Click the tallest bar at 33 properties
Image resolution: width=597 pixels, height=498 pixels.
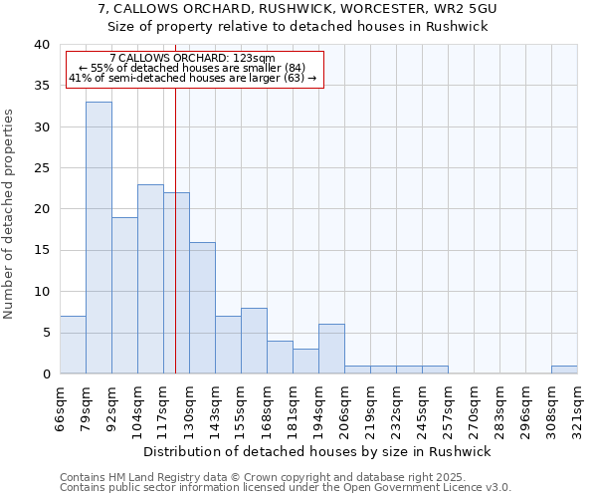click(x=99, y=237)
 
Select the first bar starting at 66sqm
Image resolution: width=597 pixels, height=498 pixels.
click(x=73, y=345)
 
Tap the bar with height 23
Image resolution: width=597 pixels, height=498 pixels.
click(x=150, y=279)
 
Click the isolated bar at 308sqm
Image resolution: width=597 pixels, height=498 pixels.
click(x=564, y=370)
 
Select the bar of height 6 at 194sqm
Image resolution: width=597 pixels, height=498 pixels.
click(x=331, y=349)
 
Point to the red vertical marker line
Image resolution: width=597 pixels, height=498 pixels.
click(x=175, y=249)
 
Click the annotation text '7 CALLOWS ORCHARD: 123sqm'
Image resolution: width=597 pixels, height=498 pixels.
click(x=192, y=59)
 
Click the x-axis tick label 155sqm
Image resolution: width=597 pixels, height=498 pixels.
click(x=241, y=406)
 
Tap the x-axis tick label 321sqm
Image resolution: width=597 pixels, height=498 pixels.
click(x=577, y=406)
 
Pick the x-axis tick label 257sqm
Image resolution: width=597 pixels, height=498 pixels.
click(x=448, y=406)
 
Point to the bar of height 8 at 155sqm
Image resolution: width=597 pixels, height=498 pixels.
click(x=254, y=341)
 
